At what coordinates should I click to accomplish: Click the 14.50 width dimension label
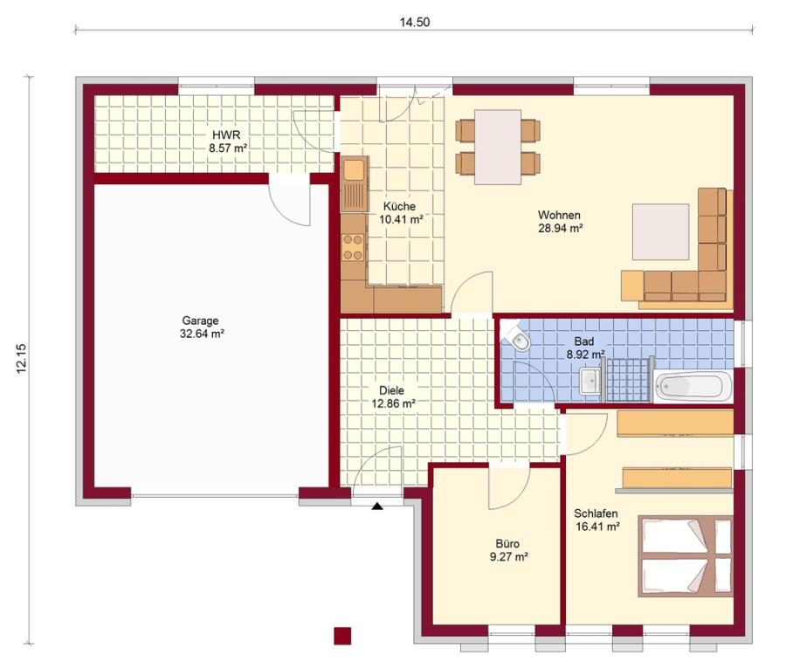point(415,22)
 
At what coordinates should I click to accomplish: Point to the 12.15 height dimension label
point(21,358)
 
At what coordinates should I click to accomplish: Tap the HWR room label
point(226,134)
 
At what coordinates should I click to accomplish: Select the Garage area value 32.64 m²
point(202,334)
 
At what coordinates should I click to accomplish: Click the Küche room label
point(399,206)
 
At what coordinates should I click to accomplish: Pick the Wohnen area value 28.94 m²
point(561,229)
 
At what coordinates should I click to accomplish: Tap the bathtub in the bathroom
point(693,386)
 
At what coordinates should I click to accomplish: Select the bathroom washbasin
point(590,382)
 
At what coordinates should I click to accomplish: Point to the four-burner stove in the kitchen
point(353,247)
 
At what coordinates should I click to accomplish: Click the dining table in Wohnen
point(498,147)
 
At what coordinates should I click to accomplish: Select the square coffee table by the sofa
point(661,231)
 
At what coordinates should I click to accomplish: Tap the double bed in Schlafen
point(686,555)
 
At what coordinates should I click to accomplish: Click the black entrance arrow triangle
point(377,507)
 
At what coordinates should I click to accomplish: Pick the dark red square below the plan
point(342,636)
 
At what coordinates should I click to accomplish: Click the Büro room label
point(507,544)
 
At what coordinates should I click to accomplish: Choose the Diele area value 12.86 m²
point(394,403)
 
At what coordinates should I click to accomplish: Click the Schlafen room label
point(596,514)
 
